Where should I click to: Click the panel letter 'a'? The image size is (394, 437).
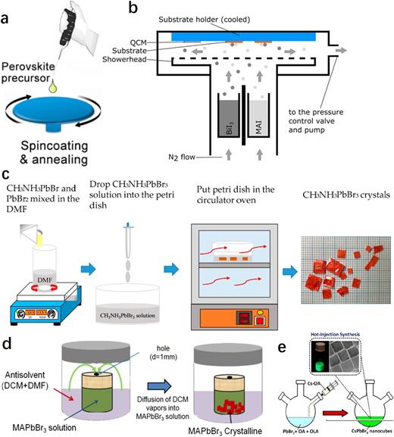pos(9,9)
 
